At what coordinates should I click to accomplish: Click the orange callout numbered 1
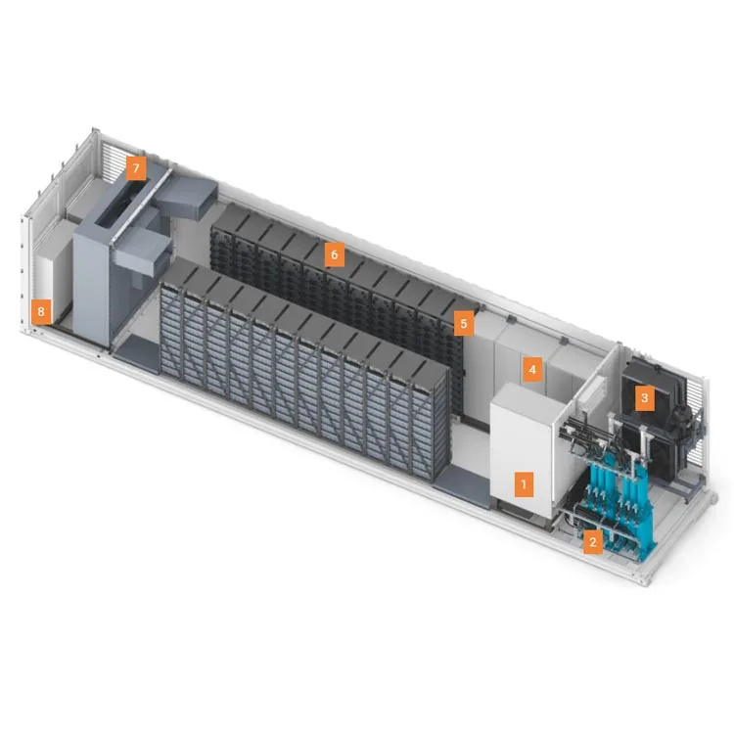(x=524, y=483)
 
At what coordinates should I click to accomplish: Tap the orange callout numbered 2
(x=591, y=540)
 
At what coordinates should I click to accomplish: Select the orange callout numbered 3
(x=643, y=397)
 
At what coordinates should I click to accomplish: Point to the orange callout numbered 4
(x=531, y=369)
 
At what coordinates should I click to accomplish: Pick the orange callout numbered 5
(x=465, y=321)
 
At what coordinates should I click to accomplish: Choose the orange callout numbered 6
(x=334, y=255)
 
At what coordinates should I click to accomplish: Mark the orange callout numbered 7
(x=136, y=168)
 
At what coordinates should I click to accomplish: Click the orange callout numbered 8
(x=40, y=312)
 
